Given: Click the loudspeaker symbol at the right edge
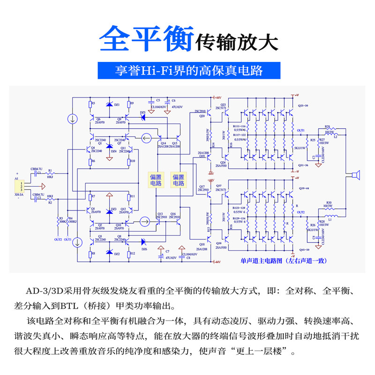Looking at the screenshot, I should click(x=355, y=176).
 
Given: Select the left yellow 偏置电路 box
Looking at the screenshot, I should click(x=156, y=180).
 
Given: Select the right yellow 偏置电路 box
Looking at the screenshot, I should click(x=179, y=180).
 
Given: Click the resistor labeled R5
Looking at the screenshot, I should click(x=90, y=104).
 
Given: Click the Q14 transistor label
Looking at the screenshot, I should click(x=164, y=142).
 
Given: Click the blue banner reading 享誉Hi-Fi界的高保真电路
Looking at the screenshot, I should click(x=189, y=70).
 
